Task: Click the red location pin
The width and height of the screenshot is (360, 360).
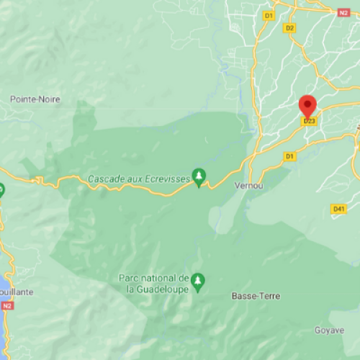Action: (x=308, y=107)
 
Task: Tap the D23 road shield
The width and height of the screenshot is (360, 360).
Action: (x=310, y=121)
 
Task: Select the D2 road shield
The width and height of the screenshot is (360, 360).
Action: (x=290, y=28)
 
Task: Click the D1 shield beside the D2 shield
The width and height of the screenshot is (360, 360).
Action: (x=269, y=15)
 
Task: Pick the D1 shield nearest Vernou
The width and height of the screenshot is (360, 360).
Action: (x=289, y=156)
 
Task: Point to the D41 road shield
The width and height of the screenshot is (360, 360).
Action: (x=339, y=209)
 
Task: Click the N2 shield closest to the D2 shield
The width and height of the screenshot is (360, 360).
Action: (x=344, y=12)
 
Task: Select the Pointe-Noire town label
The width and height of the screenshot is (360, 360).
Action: (x=35, y=99)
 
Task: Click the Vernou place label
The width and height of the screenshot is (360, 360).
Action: (x=246, y=185)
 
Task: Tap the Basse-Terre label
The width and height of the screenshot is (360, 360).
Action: (x=256, y=296)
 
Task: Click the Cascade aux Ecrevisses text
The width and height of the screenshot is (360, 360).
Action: (x=138, y=178)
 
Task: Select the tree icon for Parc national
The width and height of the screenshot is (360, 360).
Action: (x=199, y=279)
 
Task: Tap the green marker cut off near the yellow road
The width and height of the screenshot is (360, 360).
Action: (x=1, y=191)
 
